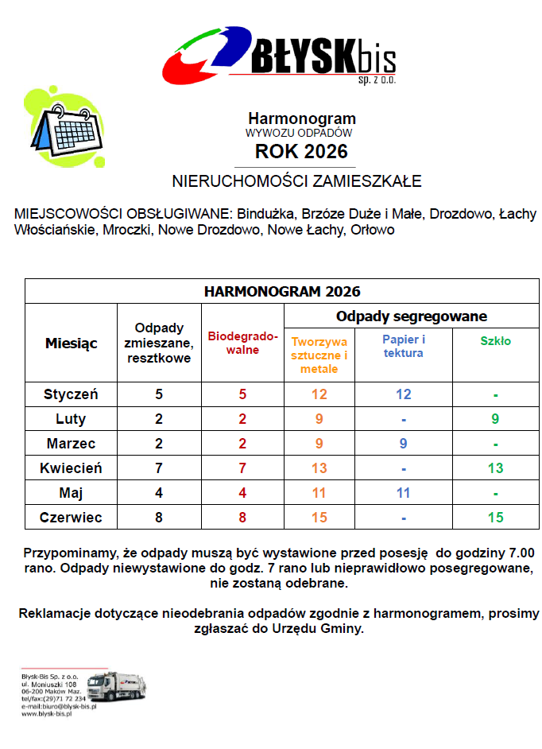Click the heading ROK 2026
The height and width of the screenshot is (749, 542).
click(301, 151)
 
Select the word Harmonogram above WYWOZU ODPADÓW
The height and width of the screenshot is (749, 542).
click(301, 119)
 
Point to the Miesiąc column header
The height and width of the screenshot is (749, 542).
click(72, 343)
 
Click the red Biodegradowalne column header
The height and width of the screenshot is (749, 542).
click(243, 343)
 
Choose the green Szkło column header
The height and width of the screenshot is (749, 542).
click(495, 341)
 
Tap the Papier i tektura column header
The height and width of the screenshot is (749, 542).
click(404, 346)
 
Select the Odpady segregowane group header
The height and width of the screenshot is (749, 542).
click(411, 316)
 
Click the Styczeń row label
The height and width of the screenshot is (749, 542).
click(72, 394)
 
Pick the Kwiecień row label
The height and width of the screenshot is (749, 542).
click(72, 468)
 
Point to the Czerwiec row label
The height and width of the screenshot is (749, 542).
click(72, 518)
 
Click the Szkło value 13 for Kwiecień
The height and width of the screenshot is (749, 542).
click(495, 468)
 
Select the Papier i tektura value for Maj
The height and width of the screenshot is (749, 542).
click(404, 493)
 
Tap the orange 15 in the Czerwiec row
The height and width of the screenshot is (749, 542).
click(319, 518)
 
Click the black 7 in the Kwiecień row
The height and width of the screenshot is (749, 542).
click(159, 468)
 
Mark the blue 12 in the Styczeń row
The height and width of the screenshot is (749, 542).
click(404, 394)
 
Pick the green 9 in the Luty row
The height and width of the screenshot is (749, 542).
click(495, 419)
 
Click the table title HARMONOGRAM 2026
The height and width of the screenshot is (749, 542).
click(282, 291)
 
